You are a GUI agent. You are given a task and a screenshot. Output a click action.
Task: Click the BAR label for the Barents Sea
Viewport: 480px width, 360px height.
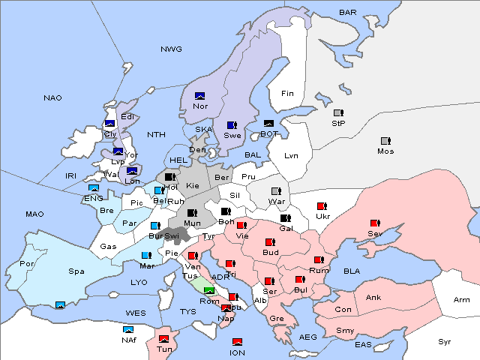click(347, 13)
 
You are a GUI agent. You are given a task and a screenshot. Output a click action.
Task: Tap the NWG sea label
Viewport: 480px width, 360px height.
click(171, 49)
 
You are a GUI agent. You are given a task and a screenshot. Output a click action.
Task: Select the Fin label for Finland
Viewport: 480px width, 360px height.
click(287, 94)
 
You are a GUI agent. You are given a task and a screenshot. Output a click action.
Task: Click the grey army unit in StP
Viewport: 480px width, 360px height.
click(338, 113)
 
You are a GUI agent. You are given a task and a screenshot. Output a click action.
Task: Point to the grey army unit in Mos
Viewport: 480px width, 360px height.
click(385, 141)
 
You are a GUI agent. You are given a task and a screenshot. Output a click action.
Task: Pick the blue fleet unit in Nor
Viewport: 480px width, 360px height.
click(199, 96)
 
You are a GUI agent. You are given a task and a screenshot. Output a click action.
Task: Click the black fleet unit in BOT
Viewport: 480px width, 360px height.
click(268, 124)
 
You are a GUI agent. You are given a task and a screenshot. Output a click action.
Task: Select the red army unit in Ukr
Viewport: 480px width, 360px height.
click(322, 206)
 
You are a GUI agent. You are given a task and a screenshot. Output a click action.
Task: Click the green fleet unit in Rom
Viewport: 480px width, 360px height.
click(209, 291)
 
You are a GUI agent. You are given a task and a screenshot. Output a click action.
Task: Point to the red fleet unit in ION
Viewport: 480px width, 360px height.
click(238, 342)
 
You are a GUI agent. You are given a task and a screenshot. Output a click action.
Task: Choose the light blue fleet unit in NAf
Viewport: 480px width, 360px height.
click(129, 329)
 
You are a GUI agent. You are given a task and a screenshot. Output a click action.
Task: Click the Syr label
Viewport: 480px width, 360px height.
click(445, 341)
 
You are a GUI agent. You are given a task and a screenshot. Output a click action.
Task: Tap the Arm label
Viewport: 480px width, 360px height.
click(462, 300)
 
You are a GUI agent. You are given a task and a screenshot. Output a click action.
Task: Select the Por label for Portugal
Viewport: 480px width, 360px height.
click(28, 264)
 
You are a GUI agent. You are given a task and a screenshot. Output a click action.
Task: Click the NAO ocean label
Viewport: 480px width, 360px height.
click(52, 97)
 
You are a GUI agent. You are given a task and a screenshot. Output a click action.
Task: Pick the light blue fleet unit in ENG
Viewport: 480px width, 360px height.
click(94, 188)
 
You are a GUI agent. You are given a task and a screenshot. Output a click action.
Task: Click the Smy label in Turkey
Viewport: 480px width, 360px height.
click(345, 331)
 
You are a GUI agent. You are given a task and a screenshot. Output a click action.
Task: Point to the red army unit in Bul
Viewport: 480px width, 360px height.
click(300, 280)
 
